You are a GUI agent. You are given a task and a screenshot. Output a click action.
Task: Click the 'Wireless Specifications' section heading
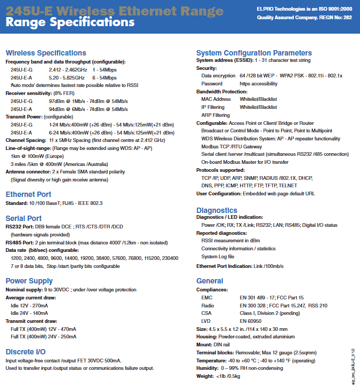coord(45,53)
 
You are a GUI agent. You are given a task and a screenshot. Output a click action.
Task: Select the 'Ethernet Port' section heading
coord(28,194)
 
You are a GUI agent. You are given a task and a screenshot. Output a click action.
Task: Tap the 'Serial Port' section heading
coord(23,218)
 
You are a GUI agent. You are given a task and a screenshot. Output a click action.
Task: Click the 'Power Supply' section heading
coord(29,281)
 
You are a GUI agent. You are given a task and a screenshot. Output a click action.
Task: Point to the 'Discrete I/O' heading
coord(25,352)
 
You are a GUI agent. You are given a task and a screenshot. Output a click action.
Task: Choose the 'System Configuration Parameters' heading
coord(254,53)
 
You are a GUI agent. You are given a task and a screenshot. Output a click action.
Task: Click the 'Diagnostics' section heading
coord(217,210)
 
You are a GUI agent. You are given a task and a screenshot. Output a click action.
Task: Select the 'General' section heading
coord(210,281)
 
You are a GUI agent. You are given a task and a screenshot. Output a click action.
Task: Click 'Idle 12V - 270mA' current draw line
coord(29,305)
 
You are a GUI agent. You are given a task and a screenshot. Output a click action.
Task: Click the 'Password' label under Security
coord(212,84)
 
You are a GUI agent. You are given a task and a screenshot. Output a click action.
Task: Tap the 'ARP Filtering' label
coord(215,115)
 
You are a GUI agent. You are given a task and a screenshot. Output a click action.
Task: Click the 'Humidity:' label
coord(207,368)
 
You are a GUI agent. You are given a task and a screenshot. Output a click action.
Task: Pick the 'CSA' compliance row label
coord(206,313)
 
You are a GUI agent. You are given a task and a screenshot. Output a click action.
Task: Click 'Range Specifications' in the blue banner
coord(69,22)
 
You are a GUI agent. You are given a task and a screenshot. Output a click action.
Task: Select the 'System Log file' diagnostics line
coord(218,257)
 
